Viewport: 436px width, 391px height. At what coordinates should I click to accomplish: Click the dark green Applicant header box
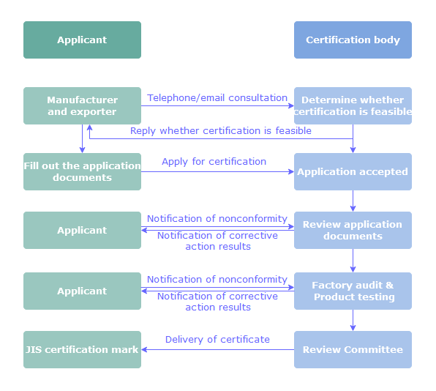click(x=82, y=40)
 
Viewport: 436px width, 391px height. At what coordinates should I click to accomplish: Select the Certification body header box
click(x=353, y=40)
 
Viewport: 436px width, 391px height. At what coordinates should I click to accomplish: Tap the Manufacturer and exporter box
click(x=82, y=105)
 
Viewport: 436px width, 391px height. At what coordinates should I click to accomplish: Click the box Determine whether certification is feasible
click(x=353, y=105)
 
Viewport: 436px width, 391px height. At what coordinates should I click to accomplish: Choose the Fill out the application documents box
click(x=82, y=172)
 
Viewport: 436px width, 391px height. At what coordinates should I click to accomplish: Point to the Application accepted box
click(x=353, y=172)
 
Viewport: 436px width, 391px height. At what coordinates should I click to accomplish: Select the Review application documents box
click(x=353, y=230)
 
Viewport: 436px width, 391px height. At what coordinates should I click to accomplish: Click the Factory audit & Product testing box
click(x=353, y=291)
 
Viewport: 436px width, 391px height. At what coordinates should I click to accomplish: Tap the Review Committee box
click(x=353, y=349)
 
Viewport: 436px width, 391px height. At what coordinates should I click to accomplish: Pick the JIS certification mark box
click(x=82, y=349)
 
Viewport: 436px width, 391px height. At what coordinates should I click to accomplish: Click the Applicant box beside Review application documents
click(x=82, y=230)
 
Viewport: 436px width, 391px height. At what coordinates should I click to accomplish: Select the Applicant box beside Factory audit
click(x=82, y=291)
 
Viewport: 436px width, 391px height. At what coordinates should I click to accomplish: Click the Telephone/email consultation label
click(x=217, y=98)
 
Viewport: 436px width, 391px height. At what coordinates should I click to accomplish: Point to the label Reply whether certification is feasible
click(x=221, y=131)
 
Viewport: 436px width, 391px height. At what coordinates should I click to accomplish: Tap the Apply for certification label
click(x=214, y=162)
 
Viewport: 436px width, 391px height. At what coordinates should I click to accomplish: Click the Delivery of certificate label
click(x=217, y=340)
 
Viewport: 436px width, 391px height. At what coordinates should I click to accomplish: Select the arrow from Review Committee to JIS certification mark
click(x=218, y=349)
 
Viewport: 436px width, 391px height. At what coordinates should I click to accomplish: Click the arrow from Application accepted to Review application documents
click(x=353, y=201)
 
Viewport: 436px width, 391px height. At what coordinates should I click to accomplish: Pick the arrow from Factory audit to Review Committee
click(x=353, y=320)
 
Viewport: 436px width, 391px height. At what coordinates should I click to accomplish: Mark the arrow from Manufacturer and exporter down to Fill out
click(x=83, y=138)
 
